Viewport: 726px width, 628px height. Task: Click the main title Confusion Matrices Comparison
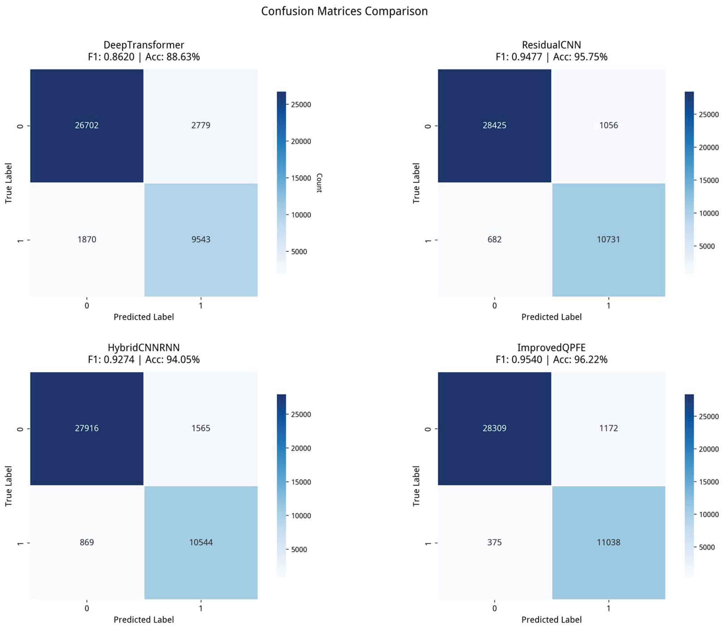pos(344,11)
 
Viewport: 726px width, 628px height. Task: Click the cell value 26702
pos(87,126)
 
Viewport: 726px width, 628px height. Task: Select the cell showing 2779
pos(201,126)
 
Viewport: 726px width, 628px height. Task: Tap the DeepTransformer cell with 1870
pos(87,240)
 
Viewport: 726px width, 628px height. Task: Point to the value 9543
pos(201,240)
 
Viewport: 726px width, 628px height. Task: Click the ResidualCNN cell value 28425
pos(494,126)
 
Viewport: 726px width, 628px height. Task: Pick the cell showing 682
pos(494,240)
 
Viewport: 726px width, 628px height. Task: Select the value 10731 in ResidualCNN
pos(608,240)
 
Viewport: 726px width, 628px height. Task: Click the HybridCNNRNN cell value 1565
pos(201,428)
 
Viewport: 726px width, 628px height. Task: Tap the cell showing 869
pos(87,543)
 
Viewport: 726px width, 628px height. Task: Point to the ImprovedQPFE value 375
pos(494,543)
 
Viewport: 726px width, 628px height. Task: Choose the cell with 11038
pos(608,543)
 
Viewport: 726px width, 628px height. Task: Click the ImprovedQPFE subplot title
pos(551,348)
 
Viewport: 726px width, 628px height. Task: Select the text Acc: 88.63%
pos(172,57)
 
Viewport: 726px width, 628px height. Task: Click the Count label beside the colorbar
pos(319,183)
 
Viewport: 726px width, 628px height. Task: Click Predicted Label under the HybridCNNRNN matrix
pos(144,620)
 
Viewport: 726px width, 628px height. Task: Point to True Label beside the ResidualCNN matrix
pos(416,183)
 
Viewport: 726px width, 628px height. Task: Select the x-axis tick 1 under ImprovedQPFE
pos(608,608)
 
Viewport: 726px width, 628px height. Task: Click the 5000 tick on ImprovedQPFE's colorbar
pos(707,547)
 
